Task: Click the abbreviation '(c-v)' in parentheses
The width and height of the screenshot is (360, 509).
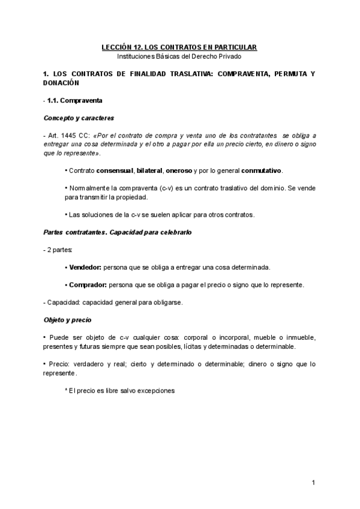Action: pyautogui.click(x=161, y=188)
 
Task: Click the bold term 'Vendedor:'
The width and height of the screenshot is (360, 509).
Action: pyautogui.click(x=85, y=267)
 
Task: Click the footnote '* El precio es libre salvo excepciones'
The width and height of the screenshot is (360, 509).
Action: pyautogui.click(x=119, y=390)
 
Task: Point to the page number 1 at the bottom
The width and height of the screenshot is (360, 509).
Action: pyautogui.click(x=314, y=482)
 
